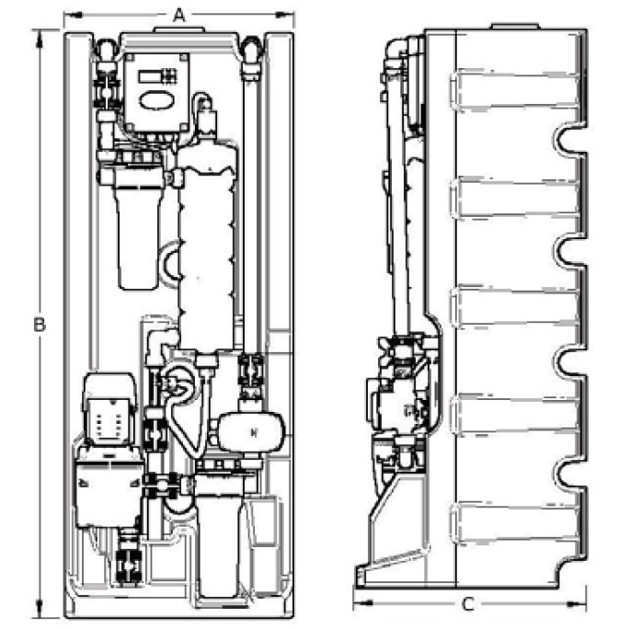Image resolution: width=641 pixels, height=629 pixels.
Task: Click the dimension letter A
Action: tap(179, 16)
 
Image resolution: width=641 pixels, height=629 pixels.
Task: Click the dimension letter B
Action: tap(40, 325)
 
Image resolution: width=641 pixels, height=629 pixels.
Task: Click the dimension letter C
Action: tap(468, 604)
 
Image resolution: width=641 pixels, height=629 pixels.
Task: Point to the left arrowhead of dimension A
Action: tap(74, 15)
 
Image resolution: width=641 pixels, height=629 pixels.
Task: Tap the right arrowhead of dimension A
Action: tap(284, 15)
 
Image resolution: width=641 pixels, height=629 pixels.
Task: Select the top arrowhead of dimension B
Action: tap(40, 39)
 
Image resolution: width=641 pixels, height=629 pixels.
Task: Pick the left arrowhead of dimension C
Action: tap(362, 602)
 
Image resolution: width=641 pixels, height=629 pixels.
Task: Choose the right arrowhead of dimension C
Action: tap(577, 602)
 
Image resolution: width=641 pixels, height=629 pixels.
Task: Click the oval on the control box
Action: tap(157, 100)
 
